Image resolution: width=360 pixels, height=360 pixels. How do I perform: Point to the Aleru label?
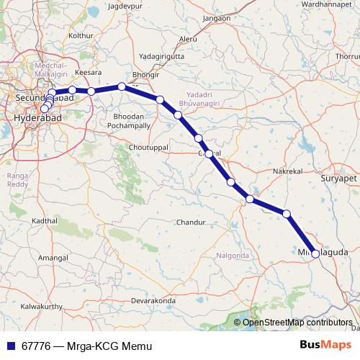(x=187, y=38)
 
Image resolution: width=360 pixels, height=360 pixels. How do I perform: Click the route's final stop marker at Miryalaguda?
(x=315, y=253)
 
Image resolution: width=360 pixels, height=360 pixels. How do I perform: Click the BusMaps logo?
(x=325, y=346)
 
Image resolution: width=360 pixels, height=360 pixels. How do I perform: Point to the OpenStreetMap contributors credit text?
(x=297, y=323)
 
